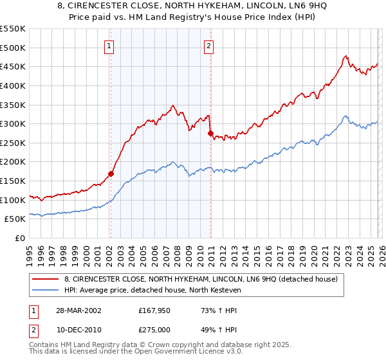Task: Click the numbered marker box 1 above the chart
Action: pyautogui.click(x=110, y=46)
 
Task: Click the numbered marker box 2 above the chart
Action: pyautogui.click(x=210, y=46)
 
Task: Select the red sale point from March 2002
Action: pyautogui.click(x=111, y=174)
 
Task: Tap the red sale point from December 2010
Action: pyautogui.click(x=210, y=133)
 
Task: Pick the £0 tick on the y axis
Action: pyautogui.click(x=21, y=239)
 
